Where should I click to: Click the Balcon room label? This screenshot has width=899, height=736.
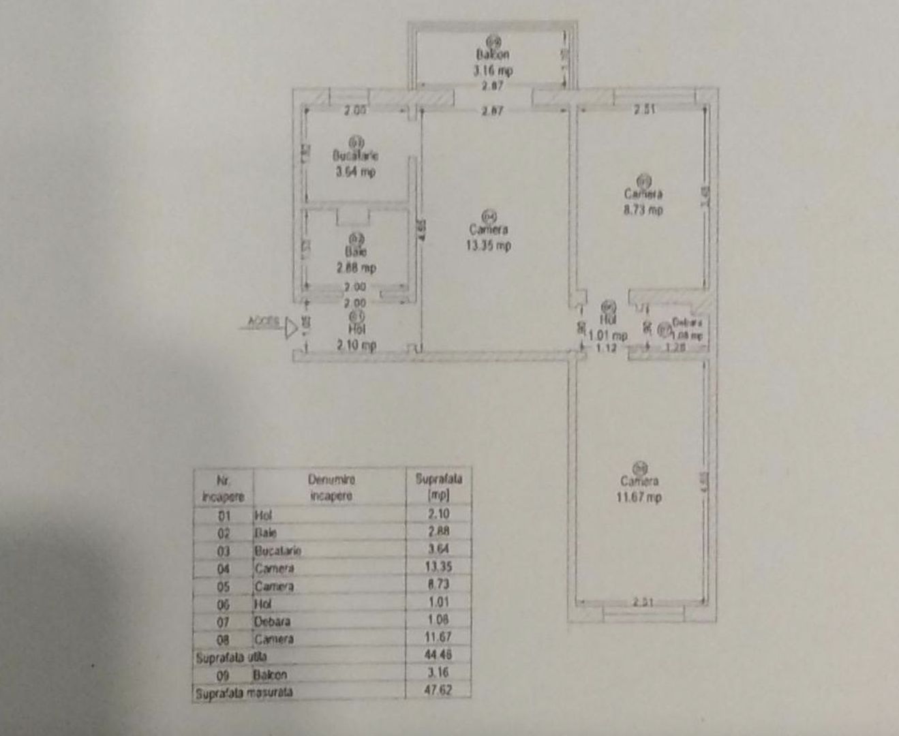click(493, 54)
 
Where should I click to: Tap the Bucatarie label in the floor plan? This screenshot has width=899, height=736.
click(355, 155)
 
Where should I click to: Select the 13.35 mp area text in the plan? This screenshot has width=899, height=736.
click(488, 246)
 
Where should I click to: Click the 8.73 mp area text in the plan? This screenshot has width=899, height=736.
click(643, 210)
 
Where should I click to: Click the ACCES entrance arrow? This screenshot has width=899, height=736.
click(292, 328)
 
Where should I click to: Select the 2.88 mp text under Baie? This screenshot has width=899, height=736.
click(356, 268)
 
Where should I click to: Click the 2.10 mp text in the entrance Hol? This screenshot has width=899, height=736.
click(356, 346)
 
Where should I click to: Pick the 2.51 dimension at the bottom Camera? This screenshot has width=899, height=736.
click(643, 602)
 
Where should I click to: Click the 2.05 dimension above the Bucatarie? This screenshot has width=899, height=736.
click(355, 110)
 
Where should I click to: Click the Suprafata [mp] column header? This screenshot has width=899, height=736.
click(438, 487)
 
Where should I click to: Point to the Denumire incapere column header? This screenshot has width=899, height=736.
click(331, 487)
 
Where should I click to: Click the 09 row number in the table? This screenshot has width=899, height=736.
click(224, 675)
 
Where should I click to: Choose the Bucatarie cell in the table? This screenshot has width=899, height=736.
click(277, 550)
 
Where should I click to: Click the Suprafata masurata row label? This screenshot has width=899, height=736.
click(243, 692)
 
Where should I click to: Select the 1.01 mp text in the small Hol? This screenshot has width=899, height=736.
click(608, 335)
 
